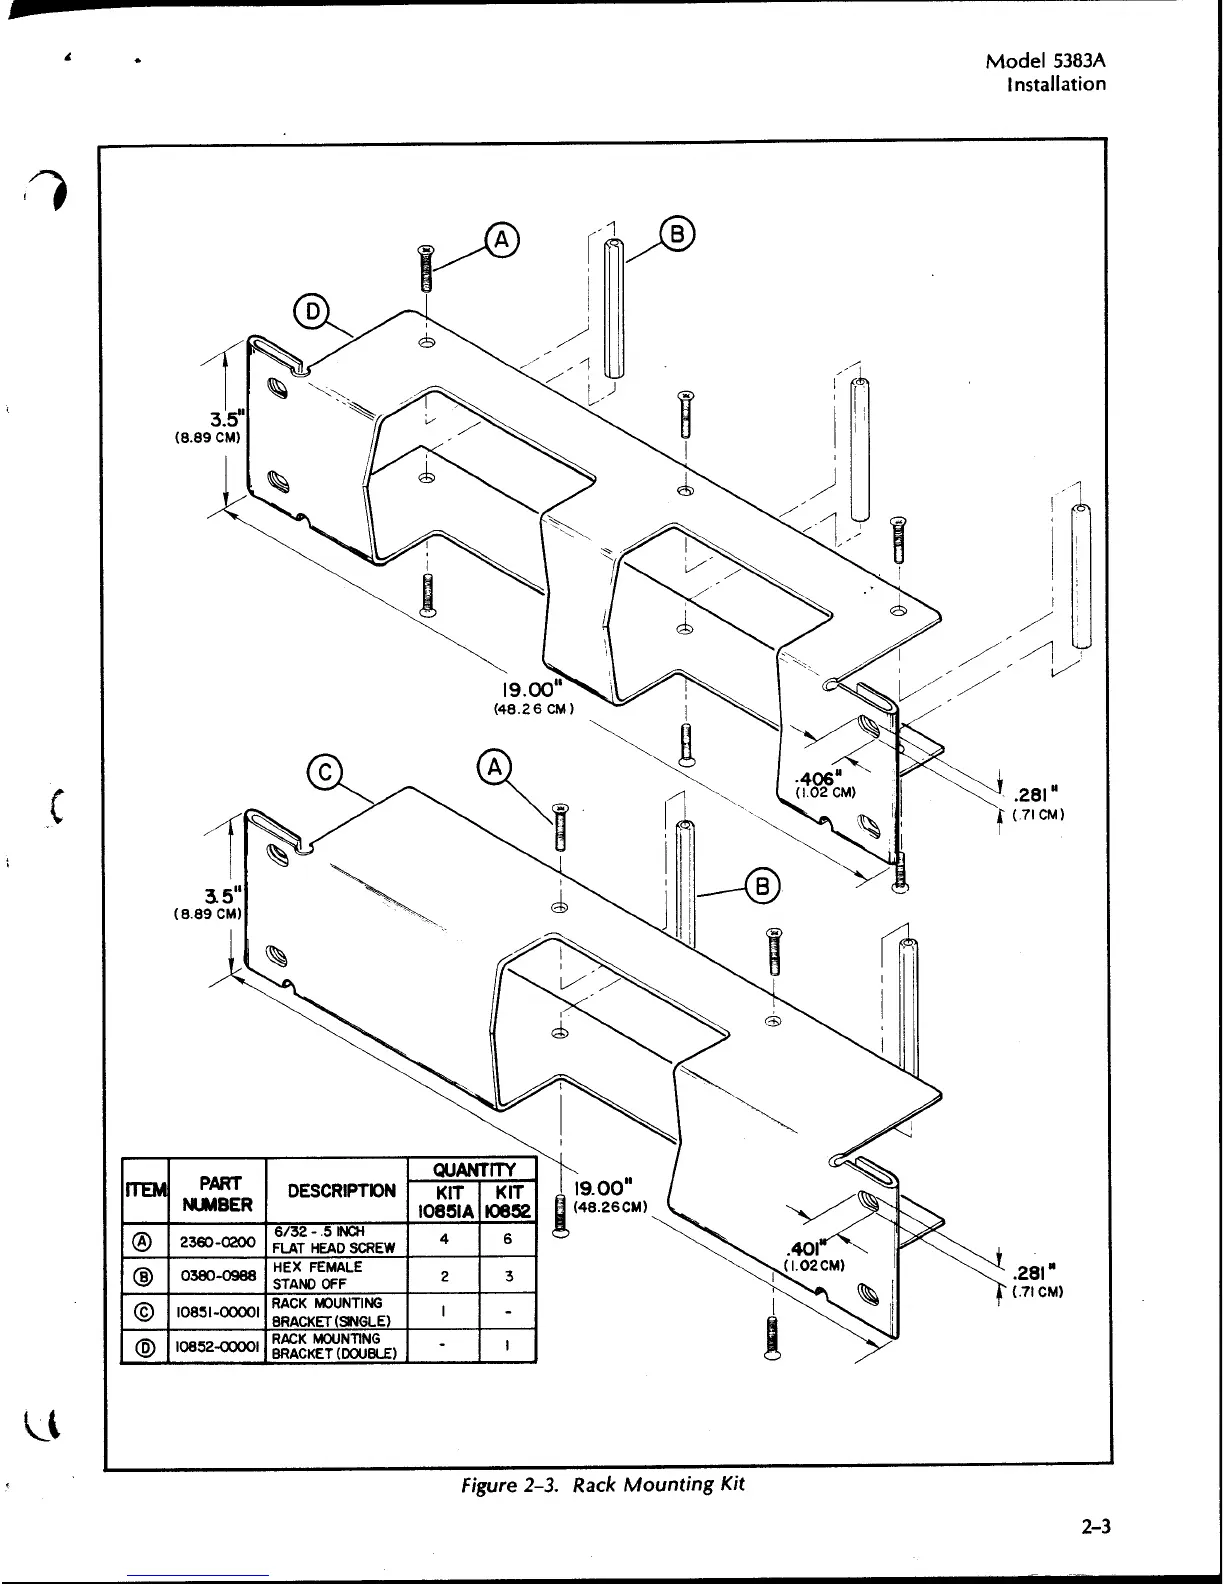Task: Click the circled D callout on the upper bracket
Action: tap(312, 312)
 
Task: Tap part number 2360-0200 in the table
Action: tap(218, 1241)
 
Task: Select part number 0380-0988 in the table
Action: tap(218, 1276)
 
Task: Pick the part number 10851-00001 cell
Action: tap(218, 1312)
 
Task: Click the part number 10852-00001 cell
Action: tap(218, 1347)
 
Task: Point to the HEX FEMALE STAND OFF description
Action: tap(318, 1275)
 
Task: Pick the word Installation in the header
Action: tap(1056, 84)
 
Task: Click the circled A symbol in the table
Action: tap(144, 1241)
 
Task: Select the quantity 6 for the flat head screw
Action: tap(508, 1239)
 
